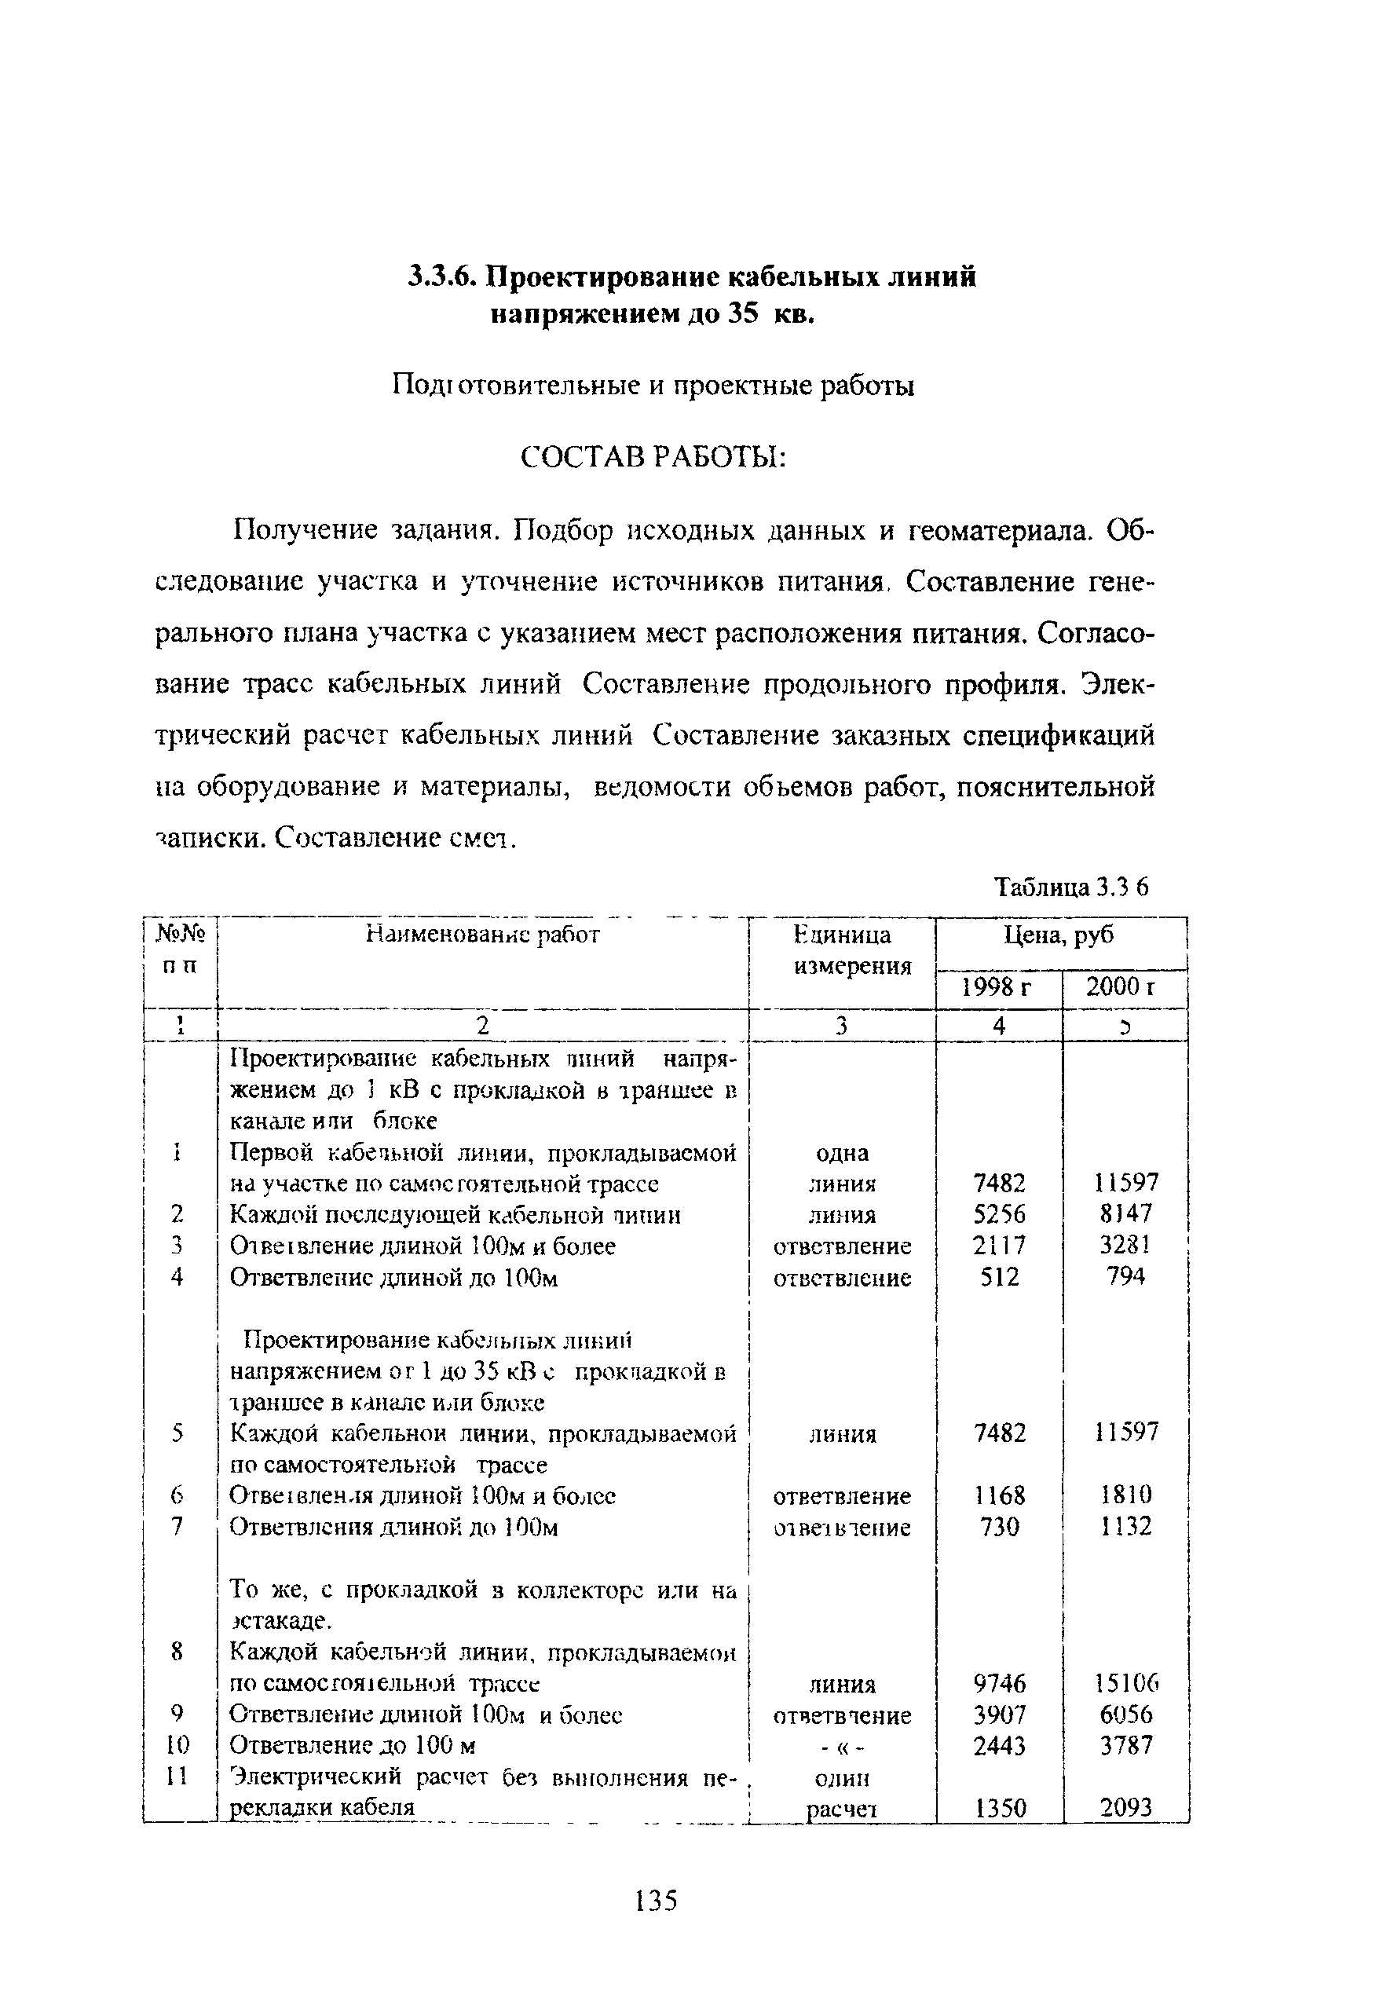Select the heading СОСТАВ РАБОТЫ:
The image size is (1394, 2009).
tap(653, 457)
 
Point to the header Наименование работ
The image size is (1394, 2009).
tap(482, 935)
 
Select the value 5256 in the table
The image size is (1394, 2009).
tap(999, 1214)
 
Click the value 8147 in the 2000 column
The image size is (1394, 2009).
tap(1126, 1214)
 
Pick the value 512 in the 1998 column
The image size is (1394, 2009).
tap(999, 1277)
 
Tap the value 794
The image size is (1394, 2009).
tap(1126, 1277)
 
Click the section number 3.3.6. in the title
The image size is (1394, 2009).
tap(442, 277)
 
